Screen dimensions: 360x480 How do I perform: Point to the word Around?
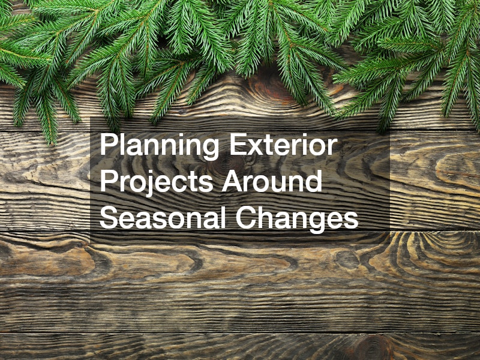point(272,181)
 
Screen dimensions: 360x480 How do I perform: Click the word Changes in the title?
point(297,218)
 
